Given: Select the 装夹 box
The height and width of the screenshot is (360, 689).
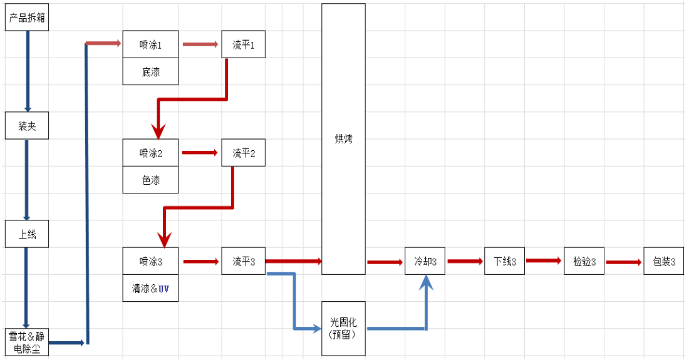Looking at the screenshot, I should tap(27, 126).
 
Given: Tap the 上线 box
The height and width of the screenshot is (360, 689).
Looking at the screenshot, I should tap(27, 234).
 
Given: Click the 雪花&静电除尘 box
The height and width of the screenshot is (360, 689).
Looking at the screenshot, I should tap(27, 342).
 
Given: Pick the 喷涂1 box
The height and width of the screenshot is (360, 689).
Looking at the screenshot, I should tap(150, 44).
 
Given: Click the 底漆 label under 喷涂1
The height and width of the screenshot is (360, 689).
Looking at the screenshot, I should tap(150, 72).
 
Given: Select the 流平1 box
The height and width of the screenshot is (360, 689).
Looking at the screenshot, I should tap(243, 44).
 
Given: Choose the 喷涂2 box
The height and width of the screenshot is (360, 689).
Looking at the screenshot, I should tap(150, 153).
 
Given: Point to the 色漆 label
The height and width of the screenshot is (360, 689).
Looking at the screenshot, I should tap(150, 180).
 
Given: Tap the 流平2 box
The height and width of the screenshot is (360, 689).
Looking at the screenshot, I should tap(243, 153).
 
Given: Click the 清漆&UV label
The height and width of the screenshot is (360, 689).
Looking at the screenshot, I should tap(150, 289).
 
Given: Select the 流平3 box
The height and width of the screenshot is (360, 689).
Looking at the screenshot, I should tap(243, 261).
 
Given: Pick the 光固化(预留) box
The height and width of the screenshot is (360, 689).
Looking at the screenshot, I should tap(343, 329).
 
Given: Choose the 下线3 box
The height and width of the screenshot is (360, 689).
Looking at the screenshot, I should tap(505, 261).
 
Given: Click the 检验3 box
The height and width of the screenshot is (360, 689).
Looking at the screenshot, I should tap(584, 261).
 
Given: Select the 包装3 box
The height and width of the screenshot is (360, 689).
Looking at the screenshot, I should tap(664, 261).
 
